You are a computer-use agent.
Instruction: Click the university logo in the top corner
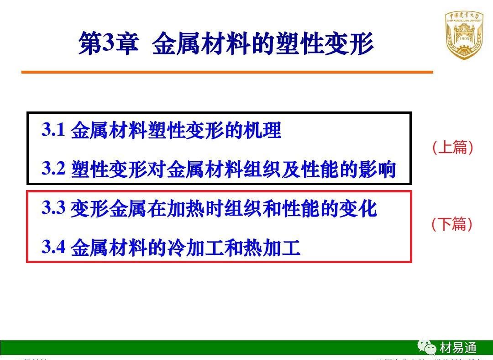[463, 35]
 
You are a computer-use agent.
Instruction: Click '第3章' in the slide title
[108, 44]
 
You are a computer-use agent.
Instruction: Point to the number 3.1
[54, 130]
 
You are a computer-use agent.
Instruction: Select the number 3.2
[54, 169]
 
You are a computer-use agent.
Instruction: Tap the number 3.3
[54, 208]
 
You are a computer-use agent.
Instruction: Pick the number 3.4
[54, 247]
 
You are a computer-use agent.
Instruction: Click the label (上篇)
[452, 148]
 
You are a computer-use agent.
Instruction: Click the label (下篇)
[452, 224]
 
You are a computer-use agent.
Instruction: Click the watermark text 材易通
[458, 348]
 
